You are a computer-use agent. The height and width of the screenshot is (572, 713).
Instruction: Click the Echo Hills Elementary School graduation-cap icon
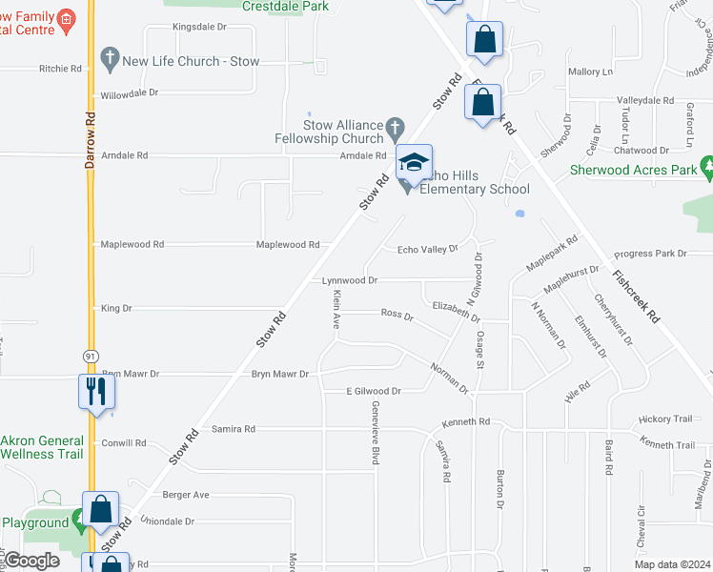coord(414,163)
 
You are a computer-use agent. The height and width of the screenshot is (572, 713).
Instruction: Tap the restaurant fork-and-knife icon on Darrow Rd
coord(96,392)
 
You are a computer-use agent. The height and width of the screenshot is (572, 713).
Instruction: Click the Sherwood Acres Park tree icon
coord(707,170)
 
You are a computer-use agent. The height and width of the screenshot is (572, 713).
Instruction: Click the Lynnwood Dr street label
coord(350,281)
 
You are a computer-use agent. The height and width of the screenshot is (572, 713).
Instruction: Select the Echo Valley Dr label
coord(427,249)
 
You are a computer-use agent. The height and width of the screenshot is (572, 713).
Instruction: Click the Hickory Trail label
coord(666,419)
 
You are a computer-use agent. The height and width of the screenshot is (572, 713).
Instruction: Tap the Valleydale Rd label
coord(645,100)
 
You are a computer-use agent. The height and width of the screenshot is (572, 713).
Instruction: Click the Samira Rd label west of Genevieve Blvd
coord(234,429)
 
